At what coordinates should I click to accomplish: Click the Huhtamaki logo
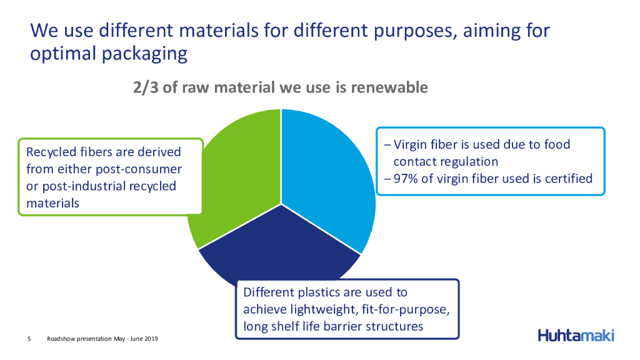pos(576,336)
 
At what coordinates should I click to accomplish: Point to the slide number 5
pos(29,339)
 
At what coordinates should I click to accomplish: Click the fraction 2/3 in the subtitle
pos(146,87)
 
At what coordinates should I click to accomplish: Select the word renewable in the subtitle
pos(389,87)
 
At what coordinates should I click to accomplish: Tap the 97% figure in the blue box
pos(405,179)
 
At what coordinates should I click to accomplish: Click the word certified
pos(569,179)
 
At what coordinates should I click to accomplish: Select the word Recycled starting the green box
pos(51,152)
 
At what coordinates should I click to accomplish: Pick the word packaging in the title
pos(144,54)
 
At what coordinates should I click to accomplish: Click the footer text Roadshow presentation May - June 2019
pos(102,339)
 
